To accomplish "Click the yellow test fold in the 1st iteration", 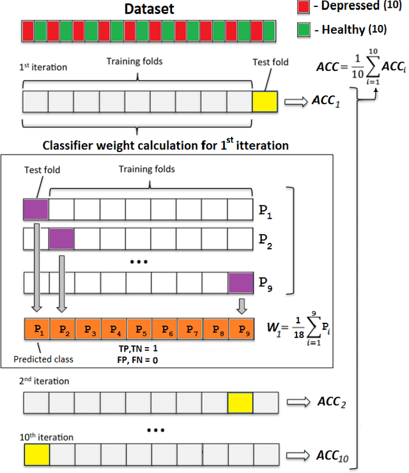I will click(x=265, y=102).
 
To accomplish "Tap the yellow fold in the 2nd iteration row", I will click(x=240, y=403).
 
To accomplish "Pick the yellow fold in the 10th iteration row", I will click(x=36, y=456).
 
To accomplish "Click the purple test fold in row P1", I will click(x=36, y=210).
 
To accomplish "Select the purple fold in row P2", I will click(x=62, y=238).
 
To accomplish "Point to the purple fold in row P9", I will click(x=241, y=282).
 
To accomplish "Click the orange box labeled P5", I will click(x=140, y=330).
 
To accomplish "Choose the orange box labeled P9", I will click(x=241, y=330).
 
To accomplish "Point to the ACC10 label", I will click(x=330, y=455).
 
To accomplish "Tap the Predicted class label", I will click(x=43, y=359).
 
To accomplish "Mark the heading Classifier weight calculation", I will click(x=166, y=145).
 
